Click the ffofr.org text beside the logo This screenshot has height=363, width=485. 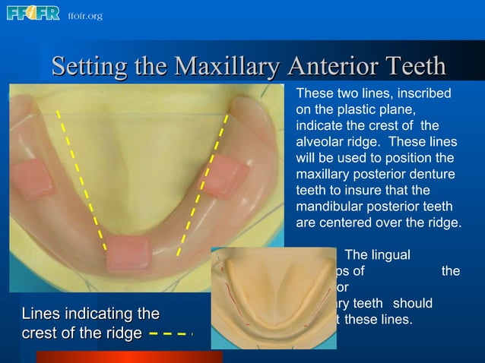tap(84, 16)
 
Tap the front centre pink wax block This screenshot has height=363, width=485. tap(127, 253)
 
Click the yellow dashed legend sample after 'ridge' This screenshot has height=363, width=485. tap(171, 333)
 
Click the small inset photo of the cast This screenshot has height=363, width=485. tap(273, 298)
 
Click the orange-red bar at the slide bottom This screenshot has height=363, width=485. tap(129, 356)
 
